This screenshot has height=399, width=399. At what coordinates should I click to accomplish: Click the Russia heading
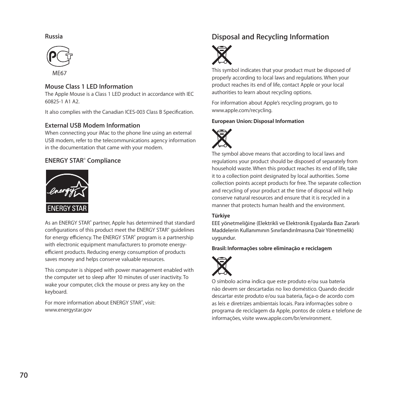coord(54,36)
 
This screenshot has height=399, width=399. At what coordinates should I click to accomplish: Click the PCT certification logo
coord(59,56)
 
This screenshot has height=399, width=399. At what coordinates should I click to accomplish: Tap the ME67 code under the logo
coord(59,72)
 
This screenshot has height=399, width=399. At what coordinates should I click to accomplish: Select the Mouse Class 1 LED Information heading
coord(89,87)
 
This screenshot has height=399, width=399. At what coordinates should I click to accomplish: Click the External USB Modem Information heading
coord(92,125)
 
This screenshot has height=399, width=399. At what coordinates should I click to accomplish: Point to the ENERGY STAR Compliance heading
coord(83,161)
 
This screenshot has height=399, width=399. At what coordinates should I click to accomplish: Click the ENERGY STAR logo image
coord(67,191)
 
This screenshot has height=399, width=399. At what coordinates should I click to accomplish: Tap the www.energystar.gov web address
coord(68,310)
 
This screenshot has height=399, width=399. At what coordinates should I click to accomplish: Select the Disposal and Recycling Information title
coord(270,37)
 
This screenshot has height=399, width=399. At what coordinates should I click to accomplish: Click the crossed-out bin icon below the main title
coord(222,55)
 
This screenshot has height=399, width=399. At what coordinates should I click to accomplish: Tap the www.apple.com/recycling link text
coord(242,110)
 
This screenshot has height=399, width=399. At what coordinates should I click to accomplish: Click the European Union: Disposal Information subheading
coord(258,121)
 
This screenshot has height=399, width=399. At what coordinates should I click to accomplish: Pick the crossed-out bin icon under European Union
coord(222,138)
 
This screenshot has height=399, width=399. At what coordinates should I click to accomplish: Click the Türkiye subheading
coord(221,216)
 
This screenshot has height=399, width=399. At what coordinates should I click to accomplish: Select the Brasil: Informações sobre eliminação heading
coord(271,248)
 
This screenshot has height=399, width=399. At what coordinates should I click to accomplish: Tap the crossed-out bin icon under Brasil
coord(222,266)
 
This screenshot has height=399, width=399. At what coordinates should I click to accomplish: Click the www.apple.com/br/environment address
coord(293,318)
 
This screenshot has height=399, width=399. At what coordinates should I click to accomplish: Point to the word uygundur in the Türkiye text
coord(223,238)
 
